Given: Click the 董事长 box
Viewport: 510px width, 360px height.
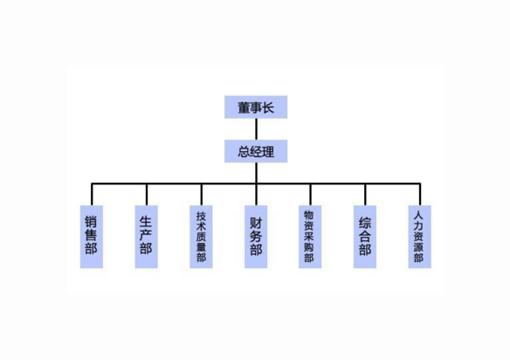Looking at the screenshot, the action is click(x=256, y=107).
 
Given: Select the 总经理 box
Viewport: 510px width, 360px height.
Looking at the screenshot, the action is click(x=256, y=151).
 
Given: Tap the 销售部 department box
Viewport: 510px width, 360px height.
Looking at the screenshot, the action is click(x=92, y=237).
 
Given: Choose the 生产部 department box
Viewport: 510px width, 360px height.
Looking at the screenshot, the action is click(x=147, y=237).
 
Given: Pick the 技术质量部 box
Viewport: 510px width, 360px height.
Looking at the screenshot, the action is click(x=202, y=237).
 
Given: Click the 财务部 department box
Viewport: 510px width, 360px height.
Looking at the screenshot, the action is click(x=256, y=237).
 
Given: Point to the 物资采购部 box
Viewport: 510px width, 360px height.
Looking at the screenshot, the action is click(x=310, y=237).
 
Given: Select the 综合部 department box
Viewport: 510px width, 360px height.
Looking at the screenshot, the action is click(x=365, y=237).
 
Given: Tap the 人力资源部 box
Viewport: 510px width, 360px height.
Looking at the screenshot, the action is click(x=420, y=237).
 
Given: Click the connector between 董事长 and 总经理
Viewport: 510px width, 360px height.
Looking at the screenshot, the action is click(x=256, y=129).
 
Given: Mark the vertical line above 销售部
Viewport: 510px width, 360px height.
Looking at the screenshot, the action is click(x=92, y=194).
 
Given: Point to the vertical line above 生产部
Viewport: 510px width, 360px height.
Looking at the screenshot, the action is click(x=147, y=194).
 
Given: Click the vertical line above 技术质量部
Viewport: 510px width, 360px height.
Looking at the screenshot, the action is click(x=202, y=194).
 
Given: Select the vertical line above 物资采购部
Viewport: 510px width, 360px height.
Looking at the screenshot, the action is click(x=310, y=194).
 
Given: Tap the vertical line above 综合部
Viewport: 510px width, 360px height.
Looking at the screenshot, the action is click(x=365, y=194).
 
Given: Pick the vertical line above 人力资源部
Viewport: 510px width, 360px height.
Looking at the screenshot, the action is click(x=420, y=194).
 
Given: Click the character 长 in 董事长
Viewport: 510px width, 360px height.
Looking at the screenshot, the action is click(x=268, y=107).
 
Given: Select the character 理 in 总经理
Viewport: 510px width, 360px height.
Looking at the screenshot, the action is click(x=268, y=152).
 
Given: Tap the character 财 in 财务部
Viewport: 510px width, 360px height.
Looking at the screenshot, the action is click(x=256, y=224).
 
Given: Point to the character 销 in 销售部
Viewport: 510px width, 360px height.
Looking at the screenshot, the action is click(x=91, y=222).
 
